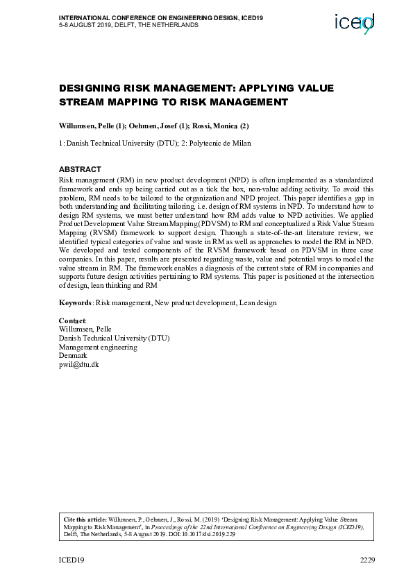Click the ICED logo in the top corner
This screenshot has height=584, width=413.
coord(354,24)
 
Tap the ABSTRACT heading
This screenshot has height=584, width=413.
coord(80,169)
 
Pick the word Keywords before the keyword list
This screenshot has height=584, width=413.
coord(75,302)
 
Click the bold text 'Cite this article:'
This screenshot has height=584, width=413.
coord(85,519)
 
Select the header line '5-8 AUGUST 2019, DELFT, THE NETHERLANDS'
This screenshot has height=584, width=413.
coord(128,25)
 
